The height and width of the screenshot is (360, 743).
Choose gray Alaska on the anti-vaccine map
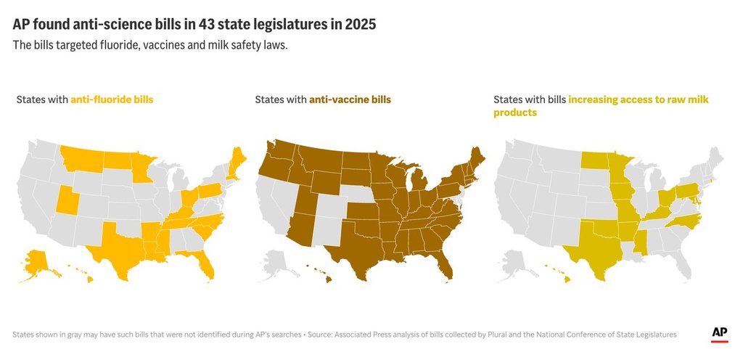coord(275,263)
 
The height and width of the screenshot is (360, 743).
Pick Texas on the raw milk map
coord(595,247)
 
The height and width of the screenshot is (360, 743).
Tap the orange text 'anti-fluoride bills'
coord(112,99)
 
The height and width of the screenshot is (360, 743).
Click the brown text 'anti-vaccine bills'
coord(350,99)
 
